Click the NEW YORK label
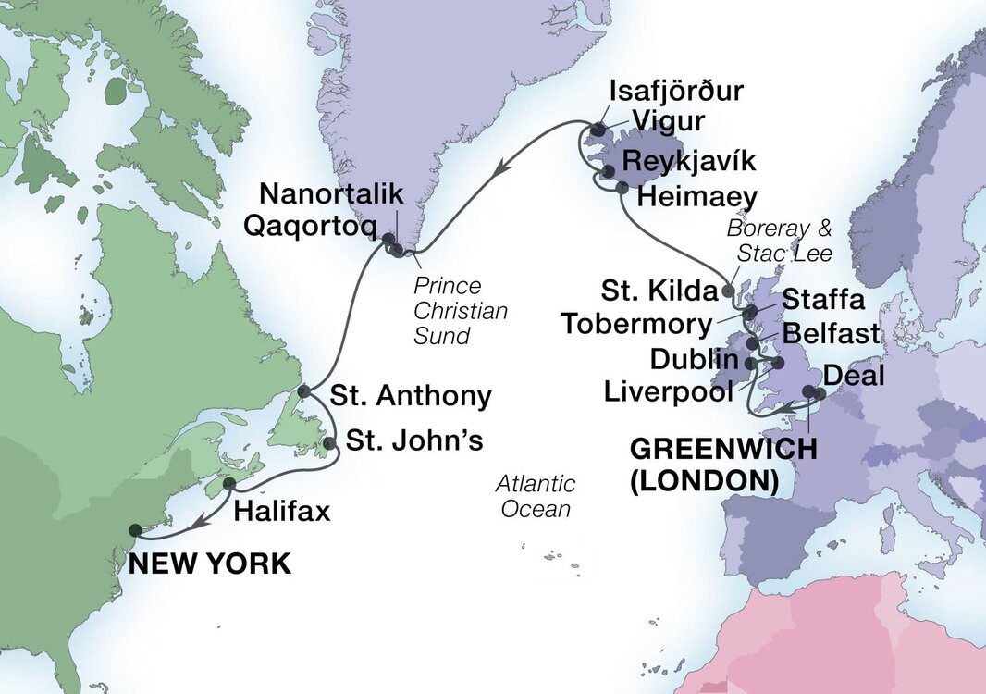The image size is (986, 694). (x=209, y=563)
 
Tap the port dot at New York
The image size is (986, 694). (x=135, y=530)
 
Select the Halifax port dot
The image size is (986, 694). (x=229, y=484)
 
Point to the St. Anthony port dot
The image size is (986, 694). (x=303, y=392)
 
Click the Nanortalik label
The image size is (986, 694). (x=333, y=194)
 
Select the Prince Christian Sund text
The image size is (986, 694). (x=461, y=311)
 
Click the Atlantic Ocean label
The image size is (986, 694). (x=536, y=496)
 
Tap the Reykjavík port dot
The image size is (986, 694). (x=608, y=171)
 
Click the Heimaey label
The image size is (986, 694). (x=697, y=196)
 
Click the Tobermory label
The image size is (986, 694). (x=638, y=324)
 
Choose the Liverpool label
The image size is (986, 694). (x=669, y=390)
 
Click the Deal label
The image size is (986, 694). (x=854, y=376)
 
